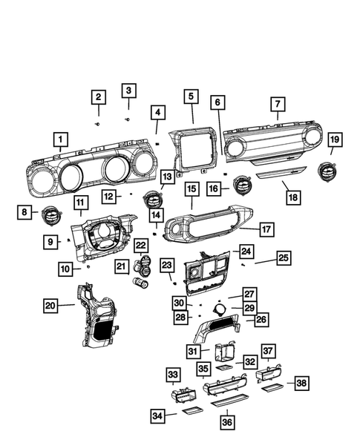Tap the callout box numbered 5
click(192, 96)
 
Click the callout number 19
click(335, 139)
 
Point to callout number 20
click(50, 305)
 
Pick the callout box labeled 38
click(301, 383)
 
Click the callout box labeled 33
click(172, 374)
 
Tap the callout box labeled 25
click(283, 257)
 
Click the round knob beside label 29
click(217, 309)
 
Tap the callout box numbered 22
click(141, 245)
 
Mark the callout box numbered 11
click(81, 202)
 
